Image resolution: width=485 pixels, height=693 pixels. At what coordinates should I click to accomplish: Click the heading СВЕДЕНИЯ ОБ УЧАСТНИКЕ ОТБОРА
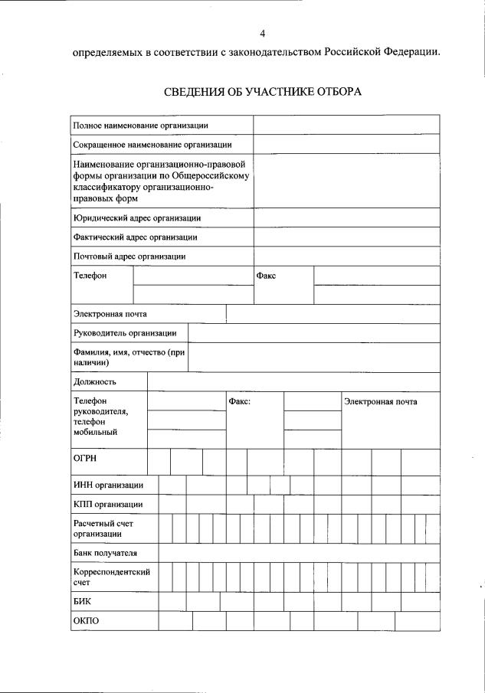point(262,92)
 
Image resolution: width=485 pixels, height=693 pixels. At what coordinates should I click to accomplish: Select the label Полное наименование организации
point(140,125)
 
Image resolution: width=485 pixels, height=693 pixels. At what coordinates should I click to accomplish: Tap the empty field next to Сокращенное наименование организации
point(346,144)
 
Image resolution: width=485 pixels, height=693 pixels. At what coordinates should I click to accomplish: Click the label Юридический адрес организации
point(137,218)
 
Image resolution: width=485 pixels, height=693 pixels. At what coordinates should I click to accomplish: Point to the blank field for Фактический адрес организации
point(346,237)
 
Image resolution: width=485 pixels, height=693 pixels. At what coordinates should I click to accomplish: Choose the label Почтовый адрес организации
point(129,257)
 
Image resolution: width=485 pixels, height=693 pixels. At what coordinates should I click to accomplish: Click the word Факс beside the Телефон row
point(266,276)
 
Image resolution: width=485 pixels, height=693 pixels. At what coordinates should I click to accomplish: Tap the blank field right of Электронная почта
point(333,314)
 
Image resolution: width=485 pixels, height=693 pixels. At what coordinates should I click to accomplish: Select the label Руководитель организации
point(125,333)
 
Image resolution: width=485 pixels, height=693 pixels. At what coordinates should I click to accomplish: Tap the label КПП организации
point(107,505)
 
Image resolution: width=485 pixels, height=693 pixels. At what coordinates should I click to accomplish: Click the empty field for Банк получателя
point(299,553)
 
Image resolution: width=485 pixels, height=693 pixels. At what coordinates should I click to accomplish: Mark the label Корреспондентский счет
point(111,577)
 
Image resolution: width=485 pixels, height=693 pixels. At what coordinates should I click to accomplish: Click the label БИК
point(82,602)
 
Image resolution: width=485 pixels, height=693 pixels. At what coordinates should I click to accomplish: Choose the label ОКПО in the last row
point(86,621)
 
